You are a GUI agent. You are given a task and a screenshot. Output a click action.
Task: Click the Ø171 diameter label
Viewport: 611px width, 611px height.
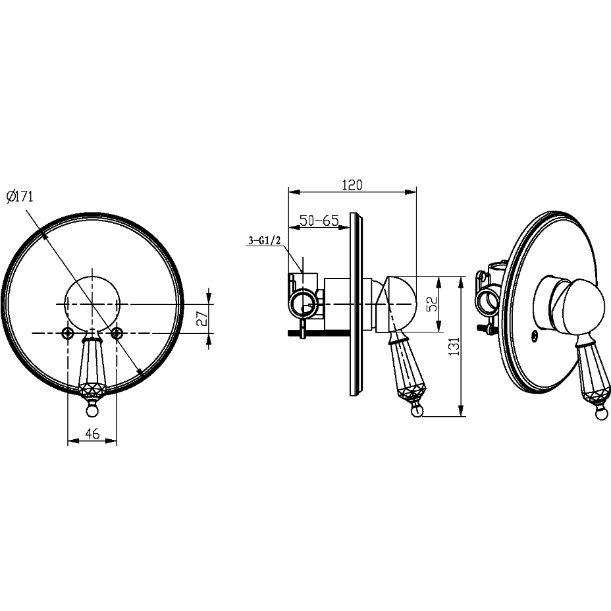coord(20,196)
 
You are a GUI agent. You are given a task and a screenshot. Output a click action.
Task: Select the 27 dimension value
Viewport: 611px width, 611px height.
coord(202,318)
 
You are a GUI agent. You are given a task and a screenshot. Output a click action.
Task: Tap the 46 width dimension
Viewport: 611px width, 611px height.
coord(92,433)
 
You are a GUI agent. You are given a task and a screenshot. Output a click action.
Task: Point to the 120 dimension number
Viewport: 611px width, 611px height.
coord(352,185)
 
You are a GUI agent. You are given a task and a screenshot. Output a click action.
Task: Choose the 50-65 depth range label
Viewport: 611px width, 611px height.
coord(319,221)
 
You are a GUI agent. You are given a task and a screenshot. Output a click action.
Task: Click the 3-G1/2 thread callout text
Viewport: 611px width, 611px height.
coord(265,240)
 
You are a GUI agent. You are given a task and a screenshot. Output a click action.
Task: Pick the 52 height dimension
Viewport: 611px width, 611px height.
coord(432,304)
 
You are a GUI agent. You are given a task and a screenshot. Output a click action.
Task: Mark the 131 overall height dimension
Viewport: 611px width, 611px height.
coord(454,346)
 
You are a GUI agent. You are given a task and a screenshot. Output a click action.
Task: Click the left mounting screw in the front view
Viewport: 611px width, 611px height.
coord(68,332)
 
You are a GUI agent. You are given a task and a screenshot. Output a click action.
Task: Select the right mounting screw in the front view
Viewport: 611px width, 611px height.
coord(117,332)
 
